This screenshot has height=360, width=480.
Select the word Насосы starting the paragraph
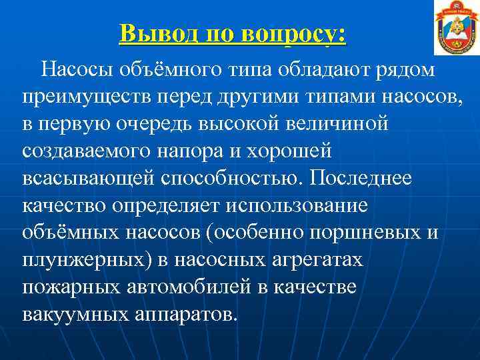pyautogui.click(x=75, y=69)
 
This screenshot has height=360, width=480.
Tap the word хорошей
pyautogui.click(x=289, y=151)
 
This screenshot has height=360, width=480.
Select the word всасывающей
pyautogui.click(x=87, y=179)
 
